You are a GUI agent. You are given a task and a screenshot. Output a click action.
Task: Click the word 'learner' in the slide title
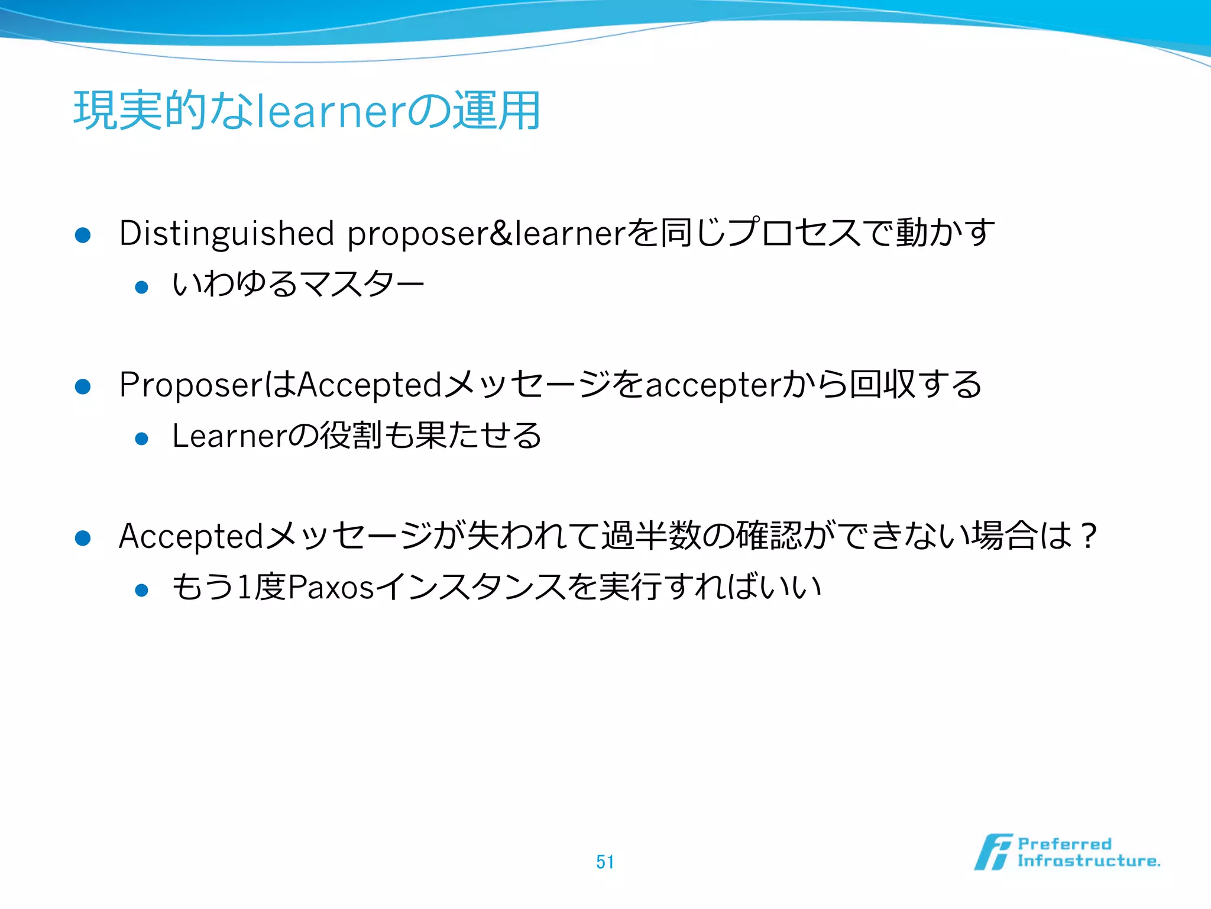332,111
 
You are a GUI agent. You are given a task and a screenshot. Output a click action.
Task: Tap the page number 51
605,862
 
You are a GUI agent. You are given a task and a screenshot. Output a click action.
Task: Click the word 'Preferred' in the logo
1064,844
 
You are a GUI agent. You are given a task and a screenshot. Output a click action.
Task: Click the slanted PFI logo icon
993,852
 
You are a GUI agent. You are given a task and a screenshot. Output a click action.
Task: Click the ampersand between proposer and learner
501,233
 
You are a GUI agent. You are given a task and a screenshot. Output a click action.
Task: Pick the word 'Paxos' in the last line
331,588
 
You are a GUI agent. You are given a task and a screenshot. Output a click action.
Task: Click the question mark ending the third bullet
1087,536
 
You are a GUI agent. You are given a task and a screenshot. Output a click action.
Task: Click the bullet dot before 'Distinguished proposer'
83,236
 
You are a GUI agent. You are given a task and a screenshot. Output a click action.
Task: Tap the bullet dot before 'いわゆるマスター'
141,288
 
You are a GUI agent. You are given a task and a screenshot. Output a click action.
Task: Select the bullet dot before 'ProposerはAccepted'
83,387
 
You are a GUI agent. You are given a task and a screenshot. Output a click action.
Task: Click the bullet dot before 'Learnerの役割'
141,439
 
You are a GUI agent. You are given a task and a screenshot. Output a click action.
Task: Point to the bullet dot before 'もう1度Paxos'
141,590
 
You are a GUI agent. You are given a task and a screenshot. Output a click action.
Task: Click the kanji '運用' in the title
496,111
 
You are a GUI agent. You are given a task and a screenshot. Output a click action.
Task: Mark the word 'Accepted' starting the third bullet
190,536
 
